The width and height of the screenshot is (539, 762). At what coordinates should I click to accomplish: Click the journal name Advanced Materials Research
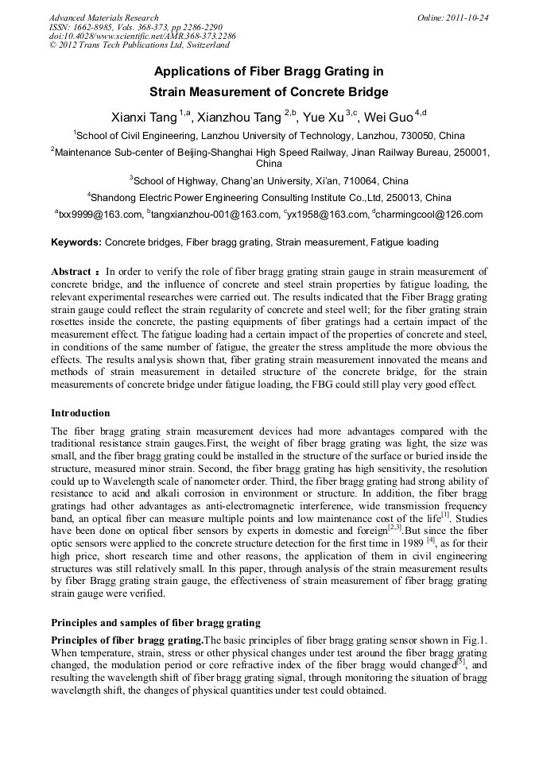(x=104, y=17)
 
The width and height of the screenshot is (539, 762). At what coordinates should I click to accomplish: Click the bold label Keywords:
(x=76, y=242)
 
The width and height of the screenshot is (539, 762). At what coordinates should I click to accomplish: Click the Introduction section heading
(x=80, y=413)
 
